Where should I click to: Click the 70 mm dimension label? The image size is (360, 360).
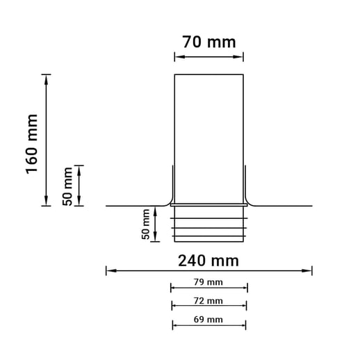tap(209, 42)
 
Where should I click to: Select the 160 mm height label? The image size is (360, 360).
tap(31, 144)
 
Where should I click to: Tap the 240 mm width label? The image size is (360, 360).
tap(208, 261)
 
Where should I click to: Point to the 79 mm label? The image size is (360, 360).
tap(208, 282)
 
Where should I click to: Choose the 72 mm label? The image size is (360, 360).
tap(208, 301)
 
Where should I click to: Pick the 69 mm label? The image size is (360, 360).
tap(208, 320)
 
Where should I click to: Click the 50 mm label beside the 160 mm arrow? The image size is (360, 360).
tap(67, 186)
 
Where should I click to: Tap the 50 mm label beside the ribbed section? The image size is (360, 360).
tap(146, 224)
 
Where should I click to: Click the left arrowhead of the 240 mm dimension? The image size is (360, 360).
tap(111, 270)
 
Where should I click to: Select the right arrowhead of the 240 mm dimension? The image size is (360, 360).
tap(307, 270)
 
